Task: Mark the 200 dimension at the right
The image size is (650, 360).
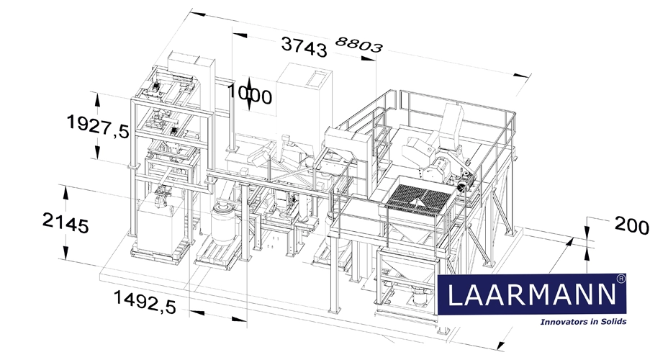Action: tap(631, 225)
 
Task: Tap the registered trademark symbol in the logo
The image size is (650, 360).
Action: tap(620, 277)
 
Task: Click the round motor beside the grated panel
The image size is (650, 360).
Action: tap(461, 185)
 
